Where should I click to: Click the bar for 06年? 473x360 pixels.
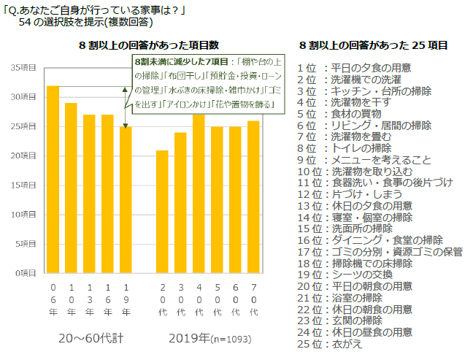53,179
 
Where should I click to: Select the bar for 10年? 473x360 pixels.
71,188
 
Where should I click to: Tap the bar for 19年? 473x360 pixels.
126,199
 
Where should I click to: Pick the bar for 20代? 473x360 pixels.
162,211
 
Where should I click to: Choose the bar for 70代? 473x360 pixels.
253,196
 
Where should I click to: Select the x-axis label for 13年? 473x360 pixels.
89,299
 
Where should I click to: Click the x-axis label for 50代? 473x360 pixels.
216,299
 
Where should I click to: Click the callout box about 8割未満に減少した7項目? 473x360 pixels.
207,84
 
